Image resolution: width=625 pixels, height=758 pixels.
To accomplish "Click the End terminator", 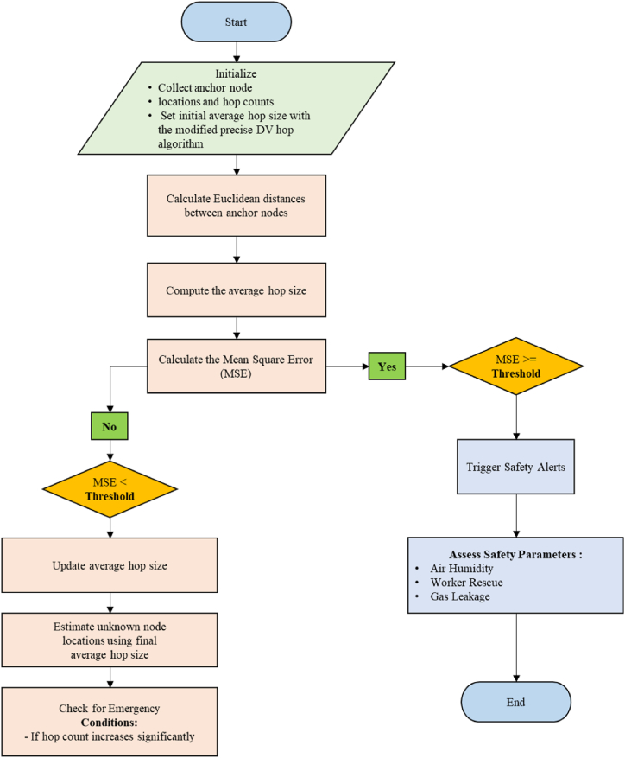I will [x=515, y=702].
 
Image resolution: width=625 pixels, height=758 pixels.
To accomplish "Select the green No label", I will [x=110, y=425].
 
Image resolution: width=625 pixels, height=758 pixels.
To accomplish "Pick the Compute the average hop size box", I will [x=237, y=290].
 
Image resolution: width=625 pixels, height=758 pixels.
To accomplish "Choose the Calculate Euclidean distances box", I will [x=237, y=206].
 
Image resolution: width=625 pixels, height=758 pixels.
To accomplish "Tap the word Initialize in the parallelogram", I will [x=237, y=75].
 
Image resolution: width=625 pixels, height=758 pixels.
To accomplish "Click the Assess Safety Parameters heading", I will [x=515, y=554].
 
